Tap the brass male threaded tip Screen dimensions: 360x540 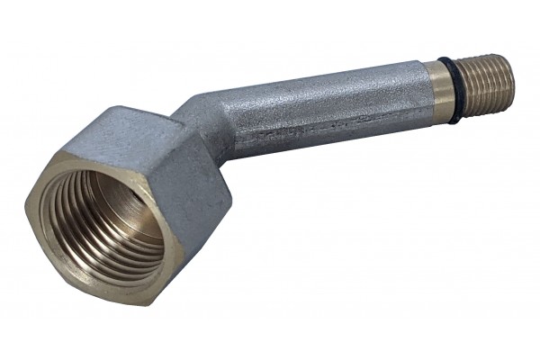tap(486, 78)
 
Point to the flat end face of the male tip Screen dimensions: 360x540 tap(507, 69)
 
